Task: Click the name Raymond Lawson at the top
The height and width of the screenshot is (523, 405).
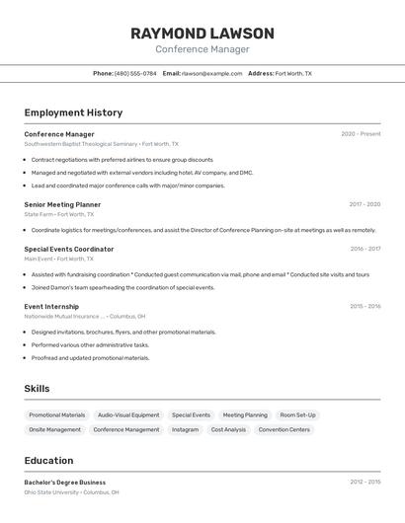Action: [x=202, y=33]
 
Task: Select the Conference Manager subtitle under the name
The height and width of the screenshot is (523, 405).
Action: [x=202, y=49]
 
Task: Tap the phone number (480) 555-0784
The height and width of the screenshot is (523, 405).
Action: [x=135, y=73]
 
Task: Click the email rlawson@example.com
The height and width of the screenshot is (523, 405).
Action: [x=211, y=73]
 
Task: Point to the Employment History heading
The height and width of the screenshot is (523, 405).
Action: [x=73, y=112]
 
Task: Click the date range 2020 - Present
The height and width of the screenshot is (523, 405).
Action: [x=361, y=134]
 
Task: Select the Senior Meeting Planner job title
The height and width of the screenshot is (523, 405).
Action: [x=62, y=204]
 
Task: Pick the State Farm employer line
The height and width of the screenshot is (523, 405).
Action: [x=59, y=214]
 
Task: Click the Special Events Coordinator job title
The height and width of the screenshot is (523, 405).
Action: [x=69, y=249]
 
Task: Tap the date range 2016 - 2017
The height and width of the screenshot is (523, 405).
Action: [x=364, y=249]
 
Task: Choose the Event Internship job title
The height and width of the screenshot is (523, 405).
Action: [x=51, y=306]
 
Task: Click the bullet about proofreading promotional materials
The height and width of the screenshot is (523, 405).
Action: [x=90, y=358]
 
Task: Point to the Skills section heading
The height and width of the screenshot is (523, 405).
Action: [x=37, y=389]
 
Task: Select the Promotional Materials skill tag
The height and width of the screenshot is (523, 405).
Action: [x=57, y=415]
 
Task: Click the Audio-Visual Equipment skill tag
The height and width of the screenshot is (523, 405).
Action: [x=128, y=415]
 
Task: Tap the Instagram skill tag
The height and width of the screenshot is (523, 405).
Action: [x=185, y=429]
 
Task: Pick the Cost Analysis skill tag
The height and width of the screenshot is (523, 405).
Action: [x=228, y=429]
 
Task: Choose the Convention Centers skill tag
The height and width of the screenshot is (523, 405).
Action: [x=284, y=429]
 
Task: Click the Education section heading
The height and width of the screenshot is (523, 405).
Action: [x=48, y=460]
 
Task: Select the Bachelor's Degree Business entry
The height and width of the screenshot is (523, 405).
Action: [x=65, y=483]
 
